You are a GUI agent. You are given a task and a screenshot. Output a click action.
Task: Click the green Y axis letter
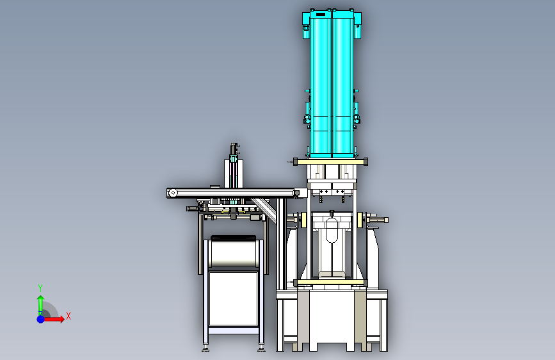(40, 288)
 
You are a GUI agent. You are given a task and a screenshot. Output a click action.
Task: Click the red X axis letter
(68, 316)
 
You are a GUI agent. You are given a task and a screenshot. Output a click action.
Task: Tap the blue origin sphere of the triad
(41, 319)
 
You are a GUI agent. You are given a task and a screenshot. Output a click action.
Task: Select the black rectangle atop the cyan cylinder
(320, 14)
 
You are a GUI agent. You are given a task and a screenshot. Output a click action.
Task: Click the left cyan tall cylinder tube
(321, 85)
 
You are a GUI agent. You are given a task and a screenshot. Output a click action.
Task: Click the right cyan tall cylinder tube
(342, 85)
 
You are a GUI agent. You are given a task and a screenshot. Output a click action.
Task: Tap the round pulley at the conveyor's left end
(173, 193)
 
